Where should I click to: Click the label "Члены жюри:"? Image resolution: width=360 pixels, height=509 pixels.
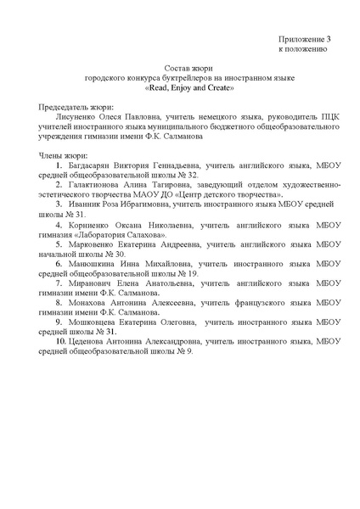[x=64, y=158]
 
